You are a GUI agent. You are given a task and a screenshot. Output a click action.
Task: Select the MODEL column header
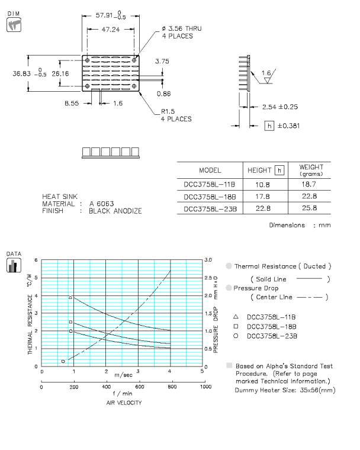(x=210, y=170)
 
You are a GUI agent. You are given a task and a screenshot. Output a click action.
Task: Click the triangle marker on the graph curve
(x=70, y=297)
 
